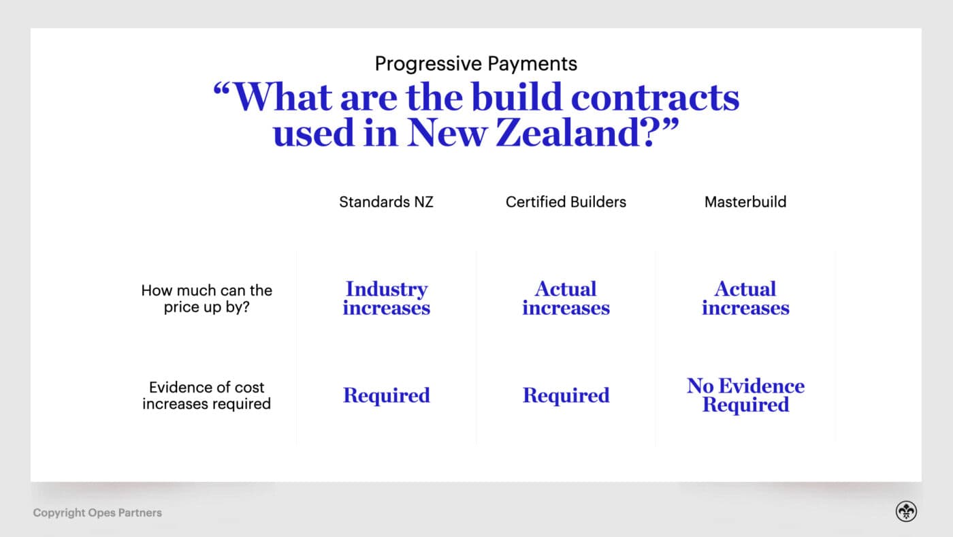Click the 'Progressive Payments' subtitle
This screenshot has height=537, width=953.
point(476,64)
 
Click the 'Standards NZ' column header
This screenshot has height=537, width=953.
point(386,202)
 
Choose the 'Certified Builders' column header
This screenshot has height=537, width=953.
point(566,202)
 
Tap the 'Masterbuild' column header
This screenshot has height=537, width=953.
point(745,202)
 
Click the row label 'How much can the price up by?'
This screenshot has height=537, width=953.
point(206,298)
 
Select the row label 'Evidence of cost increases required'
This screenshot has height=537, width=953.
point(206,395)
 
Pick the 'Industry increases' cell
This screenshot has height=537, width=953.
point(386,298)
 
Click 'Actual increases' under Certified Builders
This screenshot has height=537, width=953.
point(566,298)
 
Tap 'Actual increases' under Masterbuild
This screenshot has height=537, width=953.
point(745,298)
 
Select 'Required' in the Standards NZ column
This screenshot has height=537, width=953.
point(386,395)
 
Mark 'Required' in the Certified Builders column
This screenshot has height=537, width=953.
point(566,395)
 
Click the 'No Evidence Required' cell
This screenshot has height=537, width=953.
point(745,395)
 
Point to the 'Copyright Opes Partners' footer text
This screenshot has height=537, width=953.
point(97,512)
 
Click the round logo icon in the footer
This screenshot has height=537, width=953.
point(906,512)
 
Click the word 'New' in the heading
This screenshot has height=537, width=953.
point(446,132)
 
